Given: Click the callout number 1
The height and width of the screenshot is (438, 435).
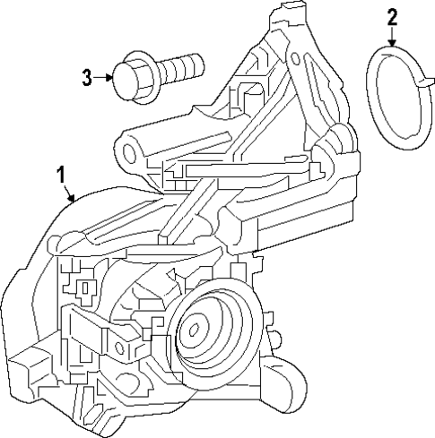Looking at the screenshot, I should tap(60, 172).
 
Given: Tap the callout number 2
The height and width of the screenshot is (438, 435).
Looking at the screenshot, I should tap(391, 16).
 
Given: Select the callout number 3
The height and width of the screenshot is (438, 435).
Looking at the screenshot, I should tap(87, 77).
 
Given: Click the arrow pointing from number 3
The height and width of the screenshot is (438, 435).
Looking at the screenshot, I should tap(104, 77).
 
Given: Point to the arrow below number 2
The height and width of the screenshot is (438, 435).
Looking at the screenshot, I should tap(391, 38).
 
